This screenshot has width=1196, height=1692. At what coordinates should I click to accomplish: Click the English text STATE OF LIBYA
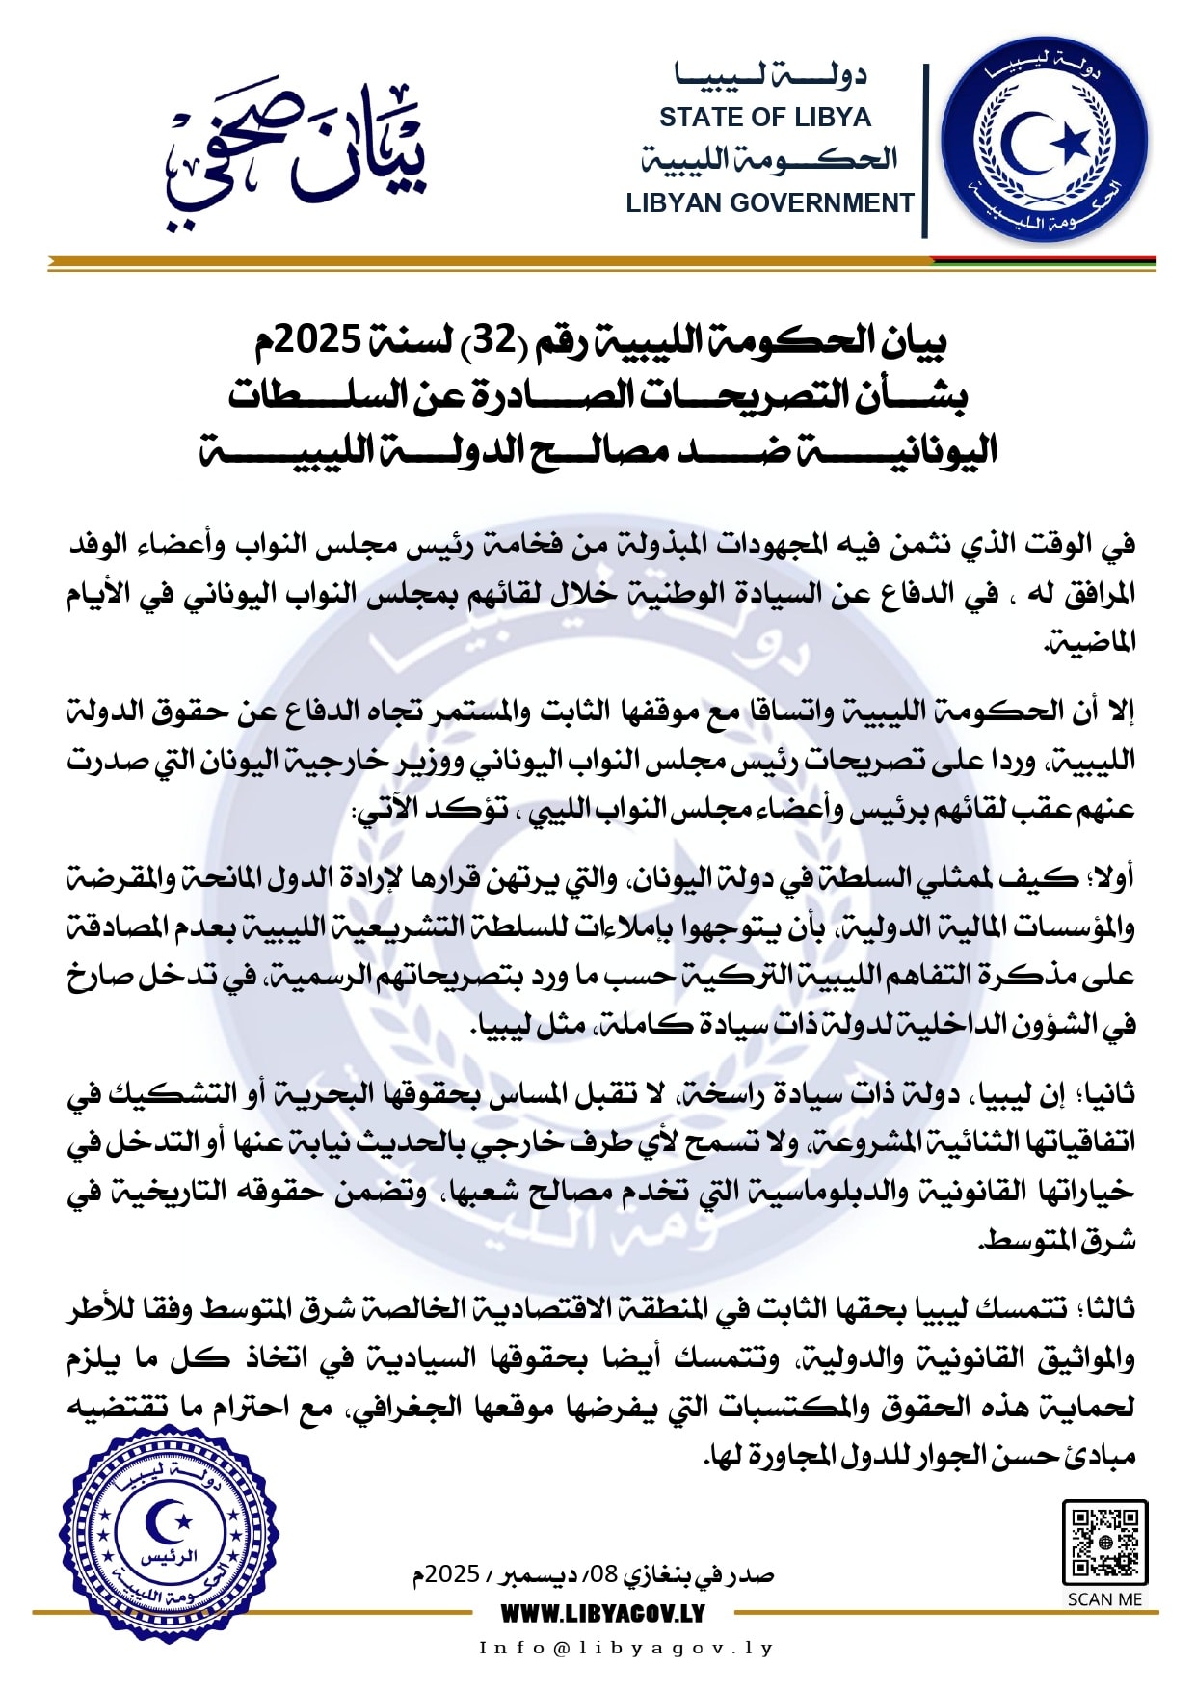(x=764, y=118)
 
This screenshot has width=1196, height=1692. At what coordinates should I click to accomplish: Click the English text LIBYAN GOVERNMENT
(x=769, y=203)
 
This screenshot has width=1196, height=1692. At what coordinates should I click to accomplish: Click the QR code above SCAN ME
(x=1104, y=1542)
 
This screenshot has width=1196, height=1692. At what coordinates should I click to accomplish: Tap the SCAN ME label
(x=1104, y=1599)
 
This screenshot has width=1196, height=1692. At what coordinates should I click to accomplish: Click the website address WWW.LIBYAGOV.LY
(x=602, y=1613)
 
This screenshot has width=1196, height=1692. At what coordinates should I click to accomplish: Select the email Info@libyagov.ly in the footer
(x=626, y=1648)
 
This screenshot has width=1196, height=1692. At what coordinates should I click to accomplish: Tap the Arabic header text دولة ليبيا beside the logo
(x=771, y=76)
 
